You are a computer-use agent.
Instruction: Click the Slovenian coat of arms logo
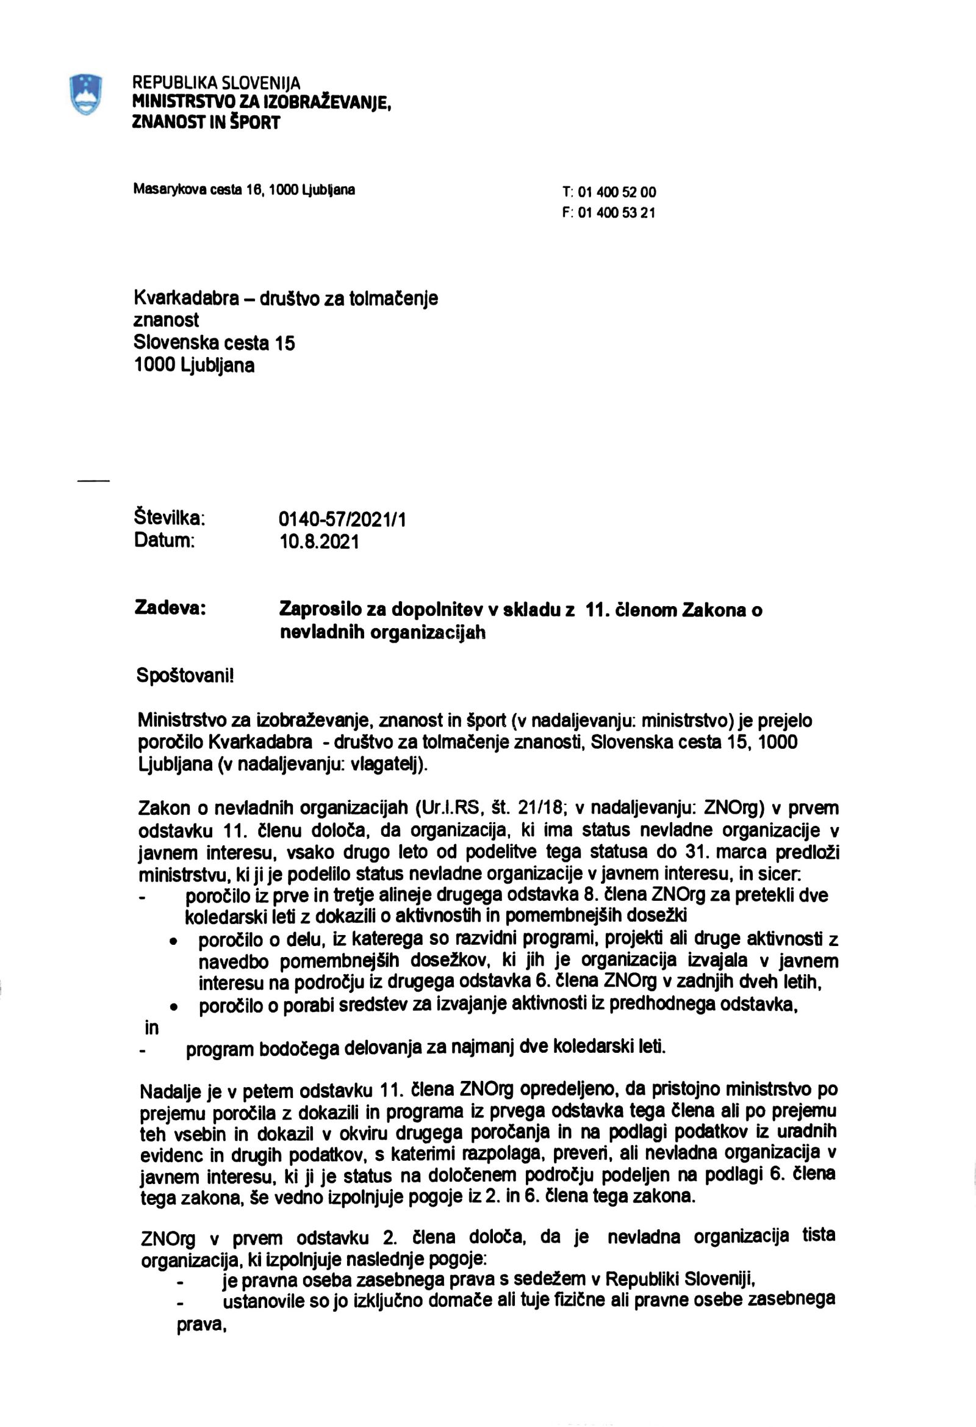[85, 93]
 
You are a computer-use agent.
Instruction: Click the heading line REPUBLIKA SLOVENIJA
[216, 82]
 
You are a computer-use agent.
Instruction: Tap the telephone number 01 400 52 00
[616, 192]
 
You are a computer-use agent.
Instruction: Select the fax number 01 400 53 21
[616, 213]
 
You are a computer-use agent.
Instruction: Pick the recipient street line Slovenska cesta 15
[214, 342]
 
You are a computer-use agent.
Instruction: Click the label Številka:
[170, 517]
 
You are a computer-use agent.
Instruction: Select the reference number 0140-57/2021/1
[342, 520]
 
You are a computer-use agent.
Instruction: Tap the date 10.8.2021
[319, 541]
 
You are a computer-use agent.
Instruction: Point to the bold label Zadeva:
[170, 608]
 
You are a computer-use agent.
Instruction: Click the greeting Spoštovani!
[185, 676]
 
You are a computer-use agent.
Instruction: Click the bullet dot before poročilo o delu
[175, 941]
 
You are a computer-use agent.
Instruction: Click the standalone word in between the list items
[151, 1027]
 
